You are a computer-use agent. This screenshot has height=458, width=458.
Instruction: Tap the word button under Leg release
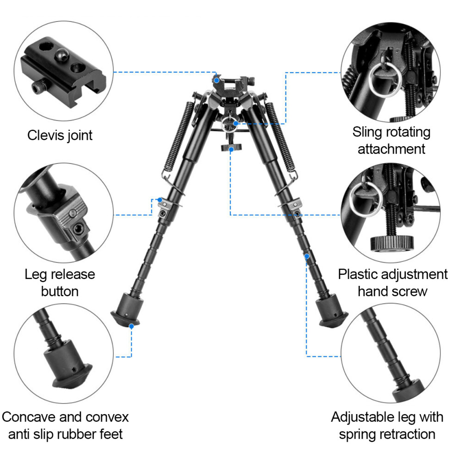60,291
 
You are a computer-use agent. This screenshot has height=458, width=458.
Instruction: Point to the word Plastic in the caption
358,274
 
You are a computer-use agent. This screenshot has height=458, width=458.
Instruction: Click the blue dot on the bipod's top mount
217,80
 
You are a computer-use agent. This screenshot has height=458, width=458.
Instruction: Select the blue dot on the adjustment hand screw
231,149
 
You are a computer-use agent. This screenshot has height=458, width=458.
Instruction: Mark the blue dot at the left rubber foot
131,326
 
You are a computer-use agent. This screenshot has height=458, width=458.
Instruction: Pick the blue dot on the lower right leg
307,256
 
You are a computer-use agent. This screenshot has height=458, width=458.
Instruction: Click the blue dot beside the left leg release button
160,200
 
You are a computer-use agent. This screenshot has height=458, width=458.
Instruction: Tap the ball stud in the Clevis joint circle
62,54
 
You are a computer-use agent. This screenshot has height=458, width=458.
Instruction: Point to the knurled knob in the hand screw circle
392,243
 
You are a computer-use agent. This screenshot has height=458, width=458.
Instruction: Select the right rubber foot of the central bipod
332,311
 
